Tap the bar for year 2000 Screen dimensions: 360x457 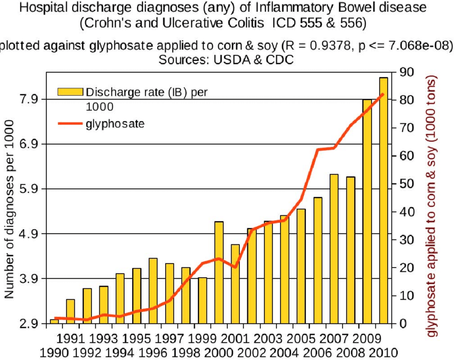[x=219, y=272]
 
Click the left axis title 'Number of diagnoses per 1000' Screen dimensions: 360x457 [x=10, y=216]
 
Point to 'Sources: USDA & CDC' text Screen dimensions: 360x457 [x=226, y=60]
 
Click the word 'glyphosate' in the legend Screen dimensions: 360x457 [x=115, y=124]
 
